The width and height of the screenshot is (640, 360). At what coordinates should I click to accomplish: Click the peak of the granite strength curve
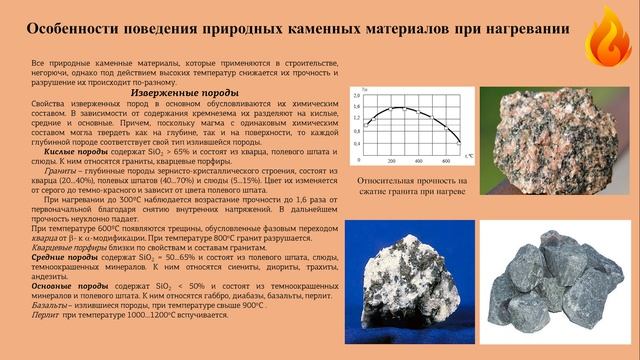pyautogui.click(x=400, y=107)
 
